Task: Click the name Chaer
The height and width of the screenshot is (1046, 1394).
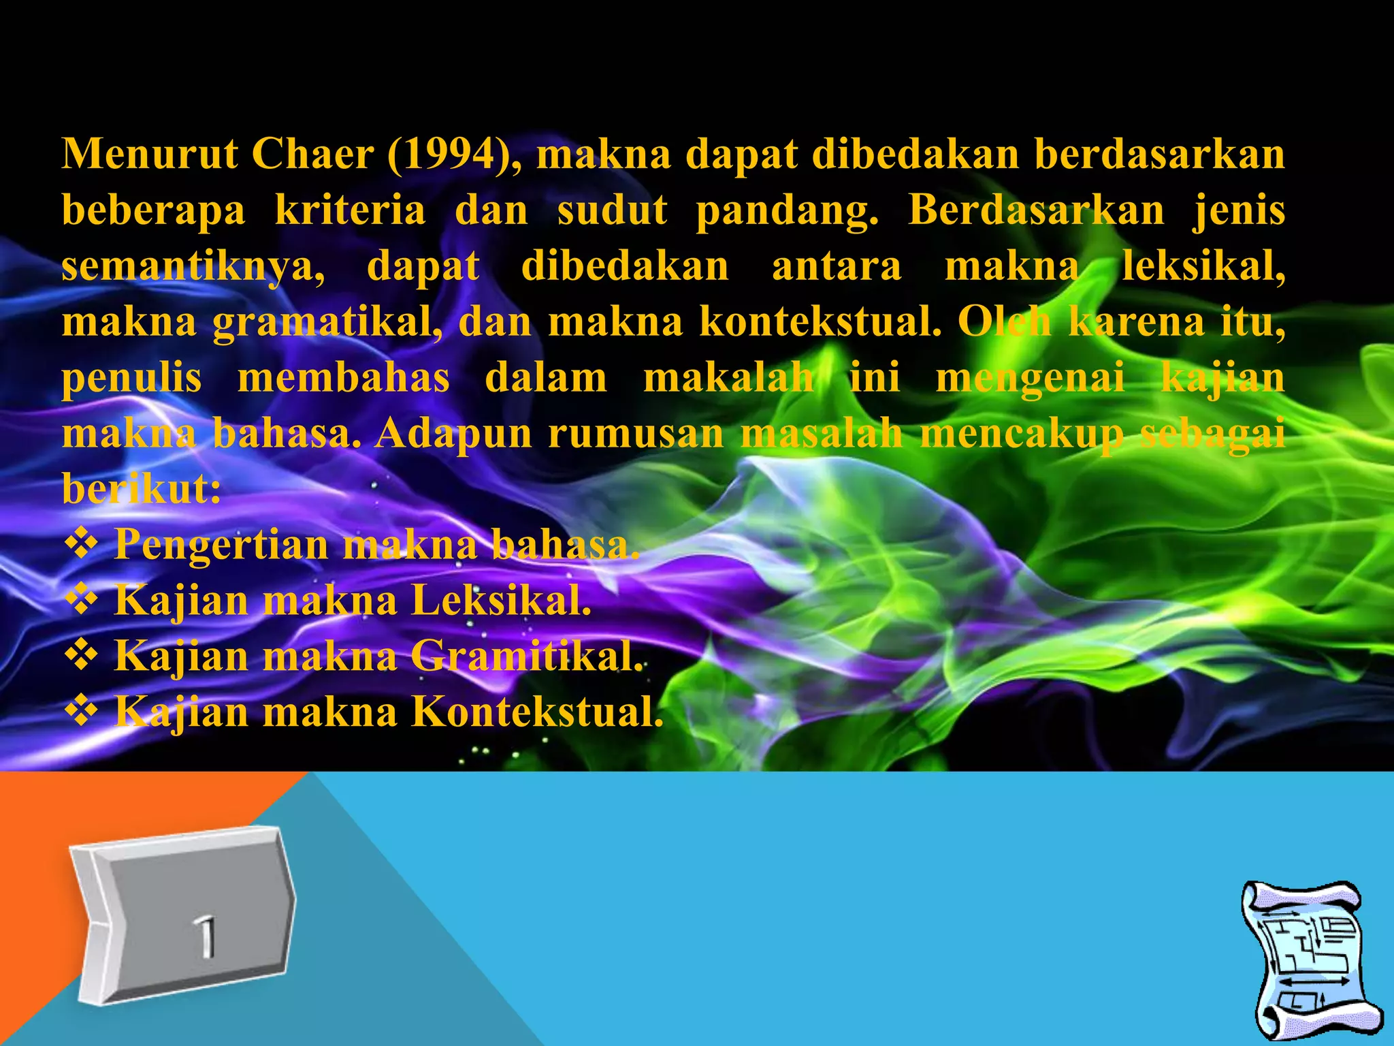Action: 312,154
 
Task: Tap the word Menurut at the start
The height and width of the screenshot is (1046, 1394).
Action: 150,154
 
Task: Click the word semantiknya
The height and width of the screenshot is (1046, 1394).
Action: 193,267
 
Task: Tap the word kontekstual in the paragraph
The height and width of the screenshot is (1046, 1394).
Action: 820,321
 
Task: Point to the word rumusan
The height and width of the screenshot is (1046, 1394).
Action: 636,434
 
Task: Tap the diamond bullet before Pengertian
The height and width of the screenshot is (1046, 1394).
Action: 80,545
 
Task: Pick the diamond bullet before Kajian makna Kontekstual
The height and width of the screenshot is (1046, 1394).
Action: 80,712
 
